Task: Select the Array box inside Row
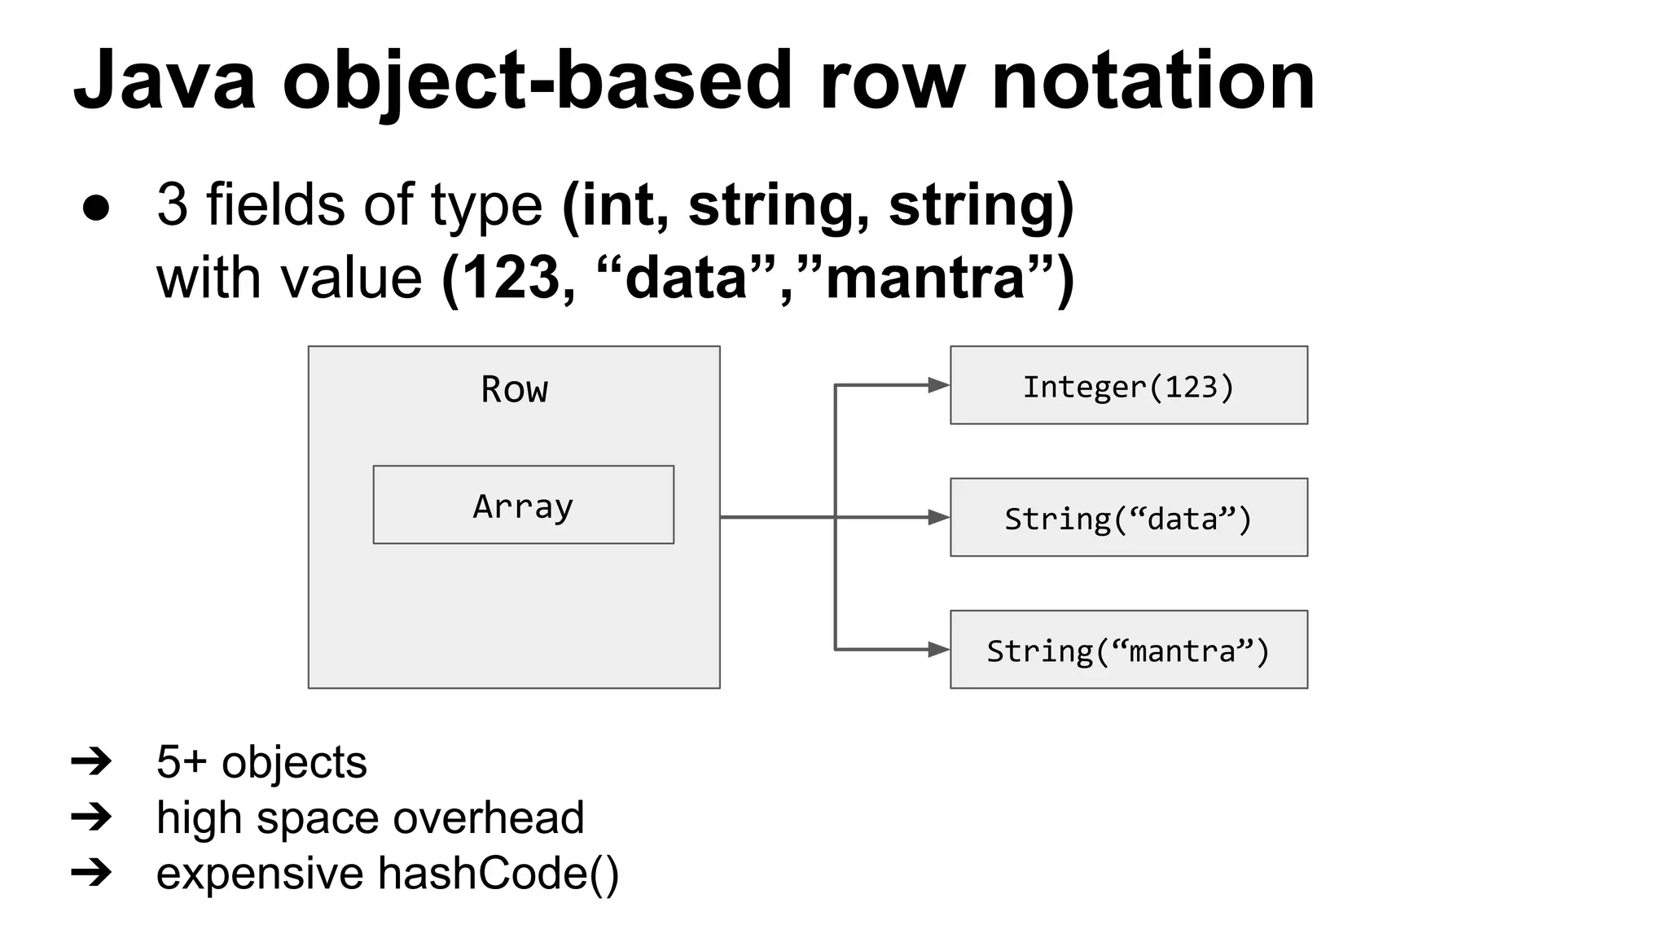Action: [x=523, y=505]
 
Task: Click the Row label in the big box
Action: [x=514, y=389]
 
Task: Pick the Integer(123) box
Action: [x=1128, y=386]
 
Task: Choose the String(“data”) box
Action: [x=1128, y=518]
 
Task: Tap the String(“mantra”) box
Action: [x=1128, y=650]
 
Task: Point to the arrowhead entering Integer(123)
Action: [x=938, y=385]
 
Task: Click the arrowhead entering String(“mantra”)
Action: [x=938, y=649]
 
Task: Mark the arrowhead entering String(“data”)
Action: [x=938, y=517]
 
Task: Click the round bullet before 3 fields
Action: [x=96, y=208]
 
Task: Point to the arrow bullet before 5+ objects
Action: [x=91, y=762]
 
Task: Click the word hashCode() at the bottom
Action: [x=498, y=873]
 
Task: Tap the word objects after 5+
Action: [x=294, y=762]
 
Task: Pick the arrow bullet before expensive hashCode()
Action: [x=91, y=873]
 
